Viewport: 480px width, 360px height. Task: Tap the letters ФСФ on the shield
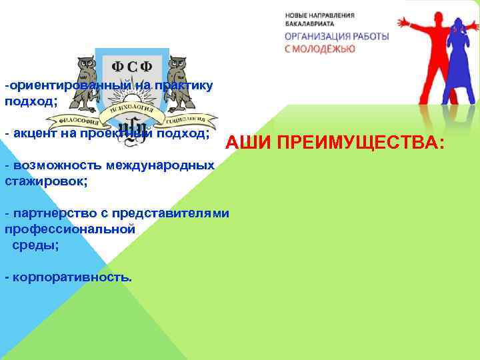[131, 67]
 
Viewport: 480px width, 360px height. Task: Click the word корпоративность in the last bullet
[70, 277]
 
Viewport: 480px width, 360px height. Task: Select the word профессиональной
[70, 229]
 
